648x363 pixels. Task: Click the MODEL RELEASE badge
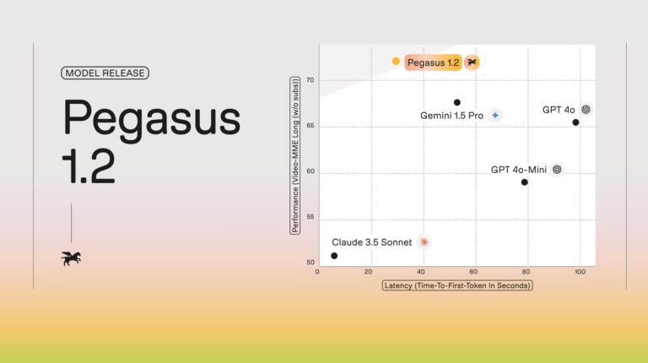[105, 73]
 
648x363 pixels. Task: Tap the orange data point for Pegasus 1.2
[396, 61]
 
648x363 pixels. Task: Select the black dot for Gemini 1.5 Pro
[457, 102]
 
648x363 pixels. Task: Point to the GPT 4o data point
[575, 122]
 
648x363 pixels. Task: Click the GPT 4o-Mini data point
[525, 182]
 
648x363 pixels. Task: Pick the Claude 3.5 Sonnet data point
[334, 256]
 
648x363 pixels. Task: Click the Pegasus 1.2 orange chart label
[433, 62]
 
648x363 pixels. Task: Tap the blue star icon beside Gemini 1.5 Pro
[495, 116]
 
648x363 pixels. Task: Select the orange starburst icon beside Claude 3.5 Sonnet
[424, 242]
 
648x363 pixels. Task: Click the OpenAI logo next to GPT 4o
[586, 110]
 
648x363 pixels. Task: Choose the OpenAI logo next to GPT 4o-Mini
[557, 169]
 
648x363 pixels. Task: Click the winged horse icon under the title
[71, 258]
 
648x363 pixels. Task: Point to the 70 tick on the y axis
[310, 80]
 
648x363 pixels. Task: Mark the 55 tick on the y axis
[310, 217]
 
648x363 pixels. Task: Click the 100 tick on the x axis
[580, 272]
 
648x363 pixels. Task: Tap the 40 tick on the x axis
[421, 272]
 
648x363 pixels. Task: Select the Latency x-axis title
[457, 285]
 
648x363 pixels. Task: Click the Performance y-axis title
[295, 155]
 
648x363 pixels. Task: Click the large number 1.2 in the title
[89, 165]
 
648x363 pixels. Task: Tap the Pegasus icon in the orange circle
[472, 62]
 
